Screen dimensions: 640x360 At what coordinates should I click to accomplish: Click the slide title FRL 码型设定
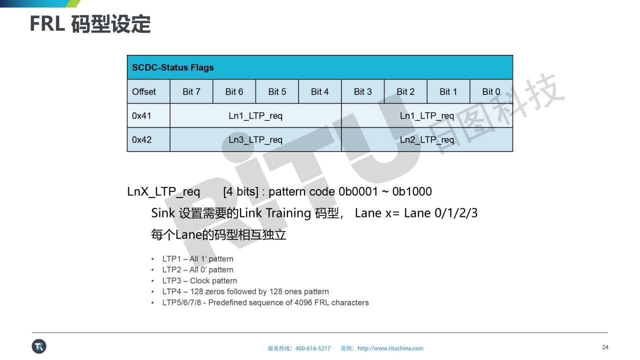[x=90, y=24]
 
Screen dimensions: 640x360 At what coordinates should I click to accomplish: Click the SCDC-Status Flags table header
[x=320, y=67]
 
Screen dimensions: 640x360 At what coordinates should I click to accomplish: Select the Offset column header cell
[x=148, y=91]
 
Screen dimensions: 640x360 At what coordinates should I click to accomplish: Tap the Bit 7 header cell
[x=191, y=91]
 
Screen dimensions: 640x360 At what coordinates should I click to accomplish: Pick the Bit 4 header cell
[x=320, y=91]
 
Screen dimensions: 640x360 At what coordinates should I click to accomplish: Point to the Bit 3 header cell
[x=363, y=91]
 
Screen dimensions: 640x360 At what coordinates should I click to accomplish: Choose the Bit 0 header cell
[x=491, y=91]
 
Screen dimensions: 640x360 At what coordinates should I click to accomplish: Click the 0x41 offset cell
[x=148, y=115]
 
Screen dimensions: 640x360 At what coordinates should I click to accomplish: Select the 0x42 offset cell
[x=148, y=139]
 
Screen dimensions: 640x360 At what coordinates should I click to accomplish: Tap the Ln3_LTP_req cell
[x=255, y=139]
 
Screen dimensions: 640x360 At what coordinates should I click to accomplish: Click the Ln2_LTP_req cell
[x=427, y=139]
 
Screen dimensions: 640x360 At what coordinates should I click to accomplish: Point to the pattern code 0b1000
[x=411, y=191]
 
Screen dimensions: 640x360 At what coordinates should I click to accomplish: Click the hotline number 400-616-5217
[x=313, y=348]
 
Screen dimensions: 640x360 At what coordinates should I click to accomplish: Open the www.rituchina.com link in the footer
[x=390, y=348]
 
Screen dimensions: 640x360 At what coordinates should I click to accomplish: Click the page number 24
[x=605, y=347]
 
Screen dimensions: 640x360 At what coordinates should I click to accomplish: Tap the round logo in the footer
[x=39, y=346]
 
